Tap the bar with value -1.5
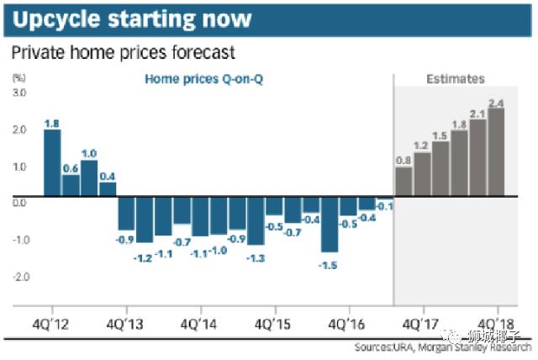click(x=329, y=225)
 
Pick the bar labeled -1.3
click(x=256, y=221)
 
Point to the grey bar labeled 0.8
click(x=403, y=181)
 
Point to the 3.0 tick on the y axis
click(x=18, y=92)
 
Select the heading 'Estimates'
click(x=455, y=79)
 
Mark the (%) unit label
click(x=18, y=77)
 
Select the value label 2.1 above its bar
click(x=477, y=114)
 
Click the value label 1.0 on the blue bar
click(x=89, y=154)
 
